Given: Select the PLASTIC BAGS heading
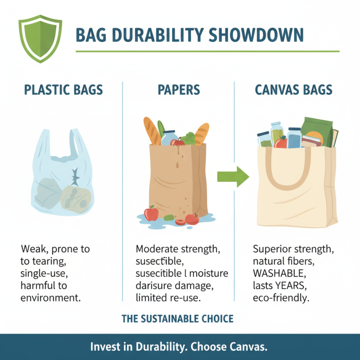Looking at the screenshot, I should click(x=63, y=90).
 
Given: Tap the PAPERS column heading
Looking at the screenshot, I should click(x=179, y=90).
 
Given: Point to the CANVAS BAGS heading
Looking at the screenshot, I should click(x=293, y=90).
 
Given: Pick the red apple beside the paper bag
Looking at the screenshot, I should click(x=151, y=213).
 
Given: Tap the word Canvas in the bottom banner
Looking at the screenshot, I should click(x=247, y=347).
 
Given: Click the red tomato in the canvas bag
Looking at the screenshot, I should click(x=281, y=143).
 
